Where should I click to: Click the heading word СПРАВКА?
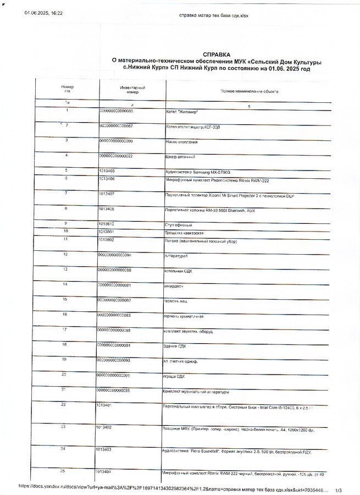[216, 54]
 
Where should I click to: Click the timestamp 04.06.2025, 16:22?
[43, 13]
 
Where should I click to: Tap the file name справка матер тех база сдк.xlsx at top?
[214, 15]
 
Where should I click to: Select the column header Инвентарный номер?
[132, 90]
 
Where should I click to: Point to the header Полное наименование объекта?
[249, 91]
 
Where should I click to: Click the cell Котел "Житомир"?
[182, 112]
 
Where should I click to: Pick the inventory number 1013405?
[107, 171]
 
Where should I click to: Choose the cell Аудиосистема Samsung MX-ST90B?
[198, 173]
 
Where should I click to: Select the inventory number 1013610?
[107, 224]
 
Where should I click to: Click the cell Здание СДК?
[175, 345]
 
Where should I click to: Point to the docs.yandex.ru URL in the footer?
[170, 487]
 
